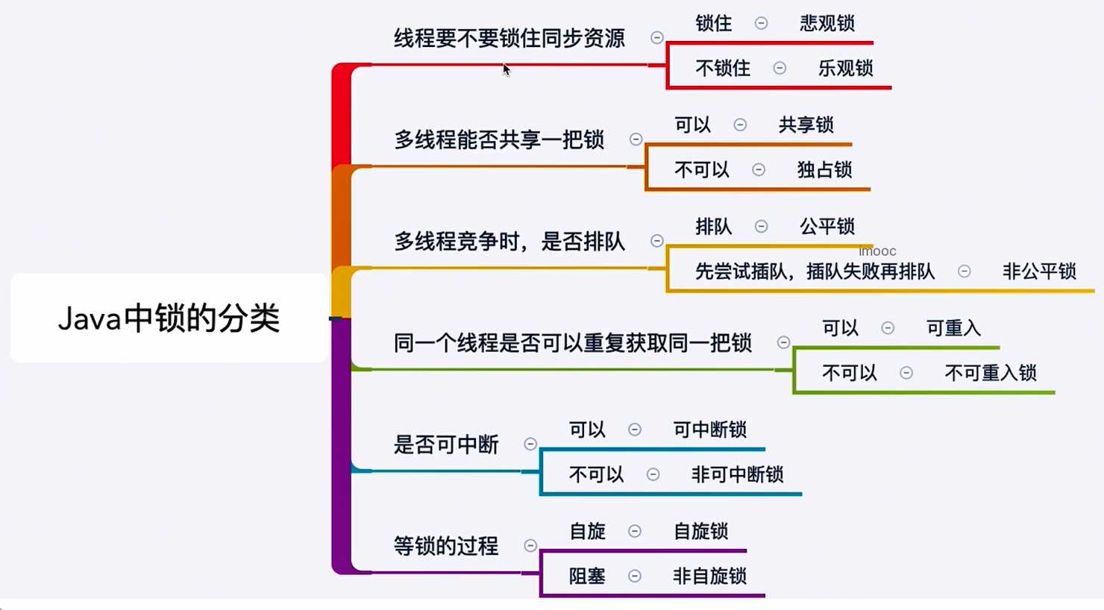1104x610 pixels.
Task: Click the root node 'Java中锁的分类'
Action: click(x=169, y=318)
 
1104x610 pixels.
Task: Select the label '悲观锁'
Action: click(x=827, y=24)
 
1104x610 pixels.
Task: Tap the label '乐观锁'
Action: click(x=845, y=69)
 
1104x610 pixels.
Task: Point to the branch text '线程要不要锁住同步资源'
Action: click(x=509, y=38)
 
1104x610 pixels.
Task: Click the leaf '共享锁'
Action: click(x=806, y=125)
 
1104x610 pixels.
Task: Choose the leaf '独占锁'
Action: click(x=824, y=170)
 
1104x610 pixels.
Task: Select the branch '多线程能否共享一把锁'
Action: click(x=498, y=139)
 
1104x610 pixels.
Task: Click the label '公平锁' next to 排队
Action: click(x=827, y=227)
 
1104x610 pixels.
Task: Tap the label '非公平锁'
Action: click(x=1038, y=271)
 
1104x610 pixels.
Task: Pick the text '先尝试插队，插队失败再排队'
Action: click(x=815, y=271)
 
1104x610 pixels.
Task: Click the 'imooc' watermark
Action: click(x=877, y=251)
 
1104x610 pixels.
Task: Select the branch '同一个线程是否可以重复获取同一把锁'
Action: click(x=572, y=343)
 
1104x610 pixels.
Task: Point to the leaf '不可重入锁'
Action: click(x=991, y=373)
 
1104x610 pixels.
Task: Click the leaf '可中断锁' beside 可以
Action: click(x=709, y=430)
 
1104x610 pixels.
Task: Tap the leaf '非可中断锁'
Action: click(x=737, y=474)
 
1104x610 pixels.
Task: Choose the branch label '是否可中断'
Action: click(x=445, y=444)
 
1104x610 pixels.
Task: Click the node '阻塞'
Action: click(x=587, y=576)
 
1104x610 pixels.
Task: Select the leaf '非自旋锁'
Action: click(x=709, y=576)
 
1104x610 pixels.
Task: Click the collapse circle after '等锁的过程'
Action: click(x=530, y=546)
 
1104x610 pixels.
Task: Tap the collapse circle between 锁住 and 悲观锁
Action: click(x=761, y=23)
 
